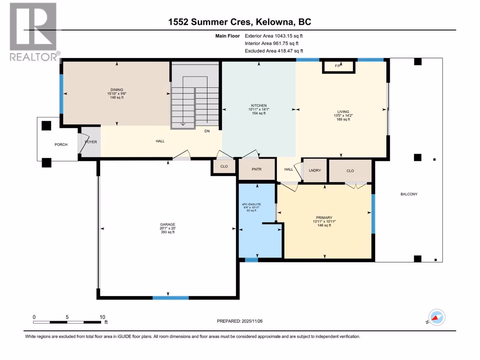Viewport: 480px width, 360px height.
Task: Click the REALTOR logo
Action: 34,32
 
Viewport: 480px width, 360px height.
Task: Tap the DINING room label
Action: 117,90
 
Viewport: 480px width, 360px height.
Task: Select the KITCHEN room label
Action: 259,106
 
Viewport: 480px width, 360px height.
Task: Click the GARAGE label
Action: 168,224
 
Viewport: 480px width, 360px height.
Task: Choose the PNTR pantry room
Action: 257,169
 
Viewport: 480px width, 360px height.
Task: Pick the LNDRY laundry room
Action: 315,170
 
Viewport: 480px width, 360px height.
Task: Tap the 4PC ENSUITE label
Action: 251,204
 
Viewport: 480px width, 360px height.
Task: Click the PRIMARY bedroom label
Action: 324,218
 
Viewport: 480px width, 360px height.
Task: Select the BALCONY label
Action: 409,194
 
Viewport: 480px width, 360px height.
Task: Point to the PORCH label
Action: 61,145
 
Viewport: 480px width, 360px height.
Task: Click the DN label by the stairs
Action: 207,131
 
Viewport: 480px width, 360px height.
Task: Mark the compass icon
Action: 437,317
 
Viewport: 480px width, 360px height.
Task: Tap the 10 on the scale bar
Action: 102,317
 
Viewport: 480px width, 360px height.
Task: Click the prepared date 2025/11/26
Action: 252,321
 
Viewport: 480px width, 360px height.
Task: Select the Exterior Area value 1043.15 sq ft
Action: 289,36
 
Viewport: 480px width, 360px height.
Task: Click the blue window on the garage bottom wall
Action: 171,298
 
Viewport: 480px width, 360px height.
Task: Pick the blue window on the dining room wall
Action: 61,94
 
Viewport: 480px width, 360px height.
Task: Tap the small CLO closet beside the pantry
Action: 224,166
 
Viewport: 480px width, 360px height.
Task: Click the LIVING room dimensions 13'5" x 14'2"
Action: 343,115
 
